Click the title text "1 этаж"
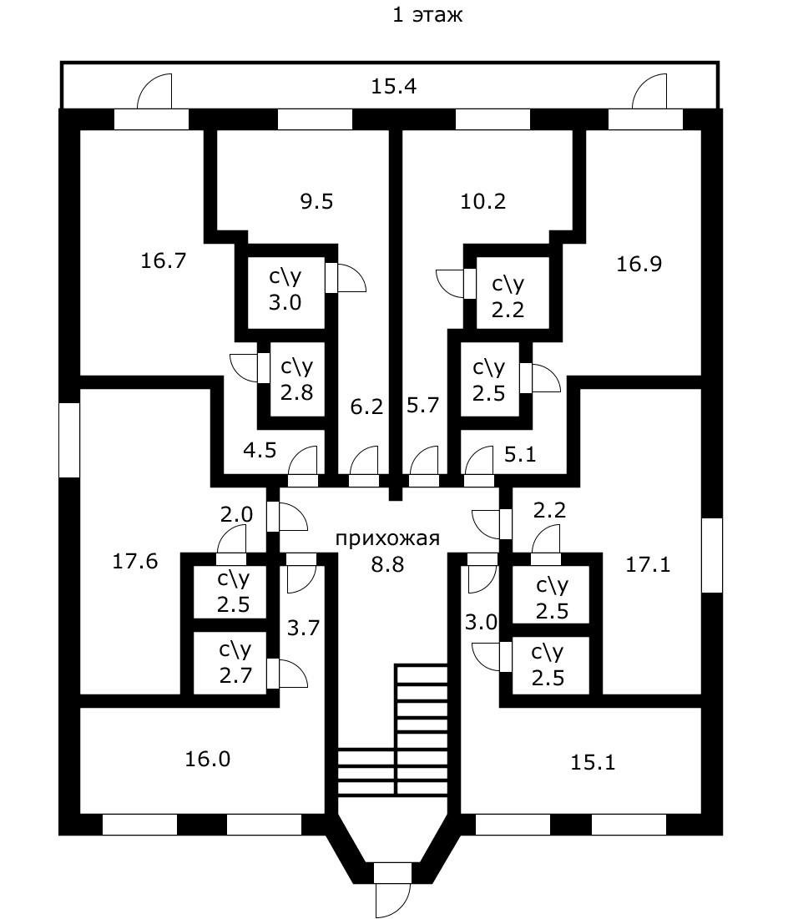tap(427, 15)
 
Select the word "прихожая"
tap(386, 538)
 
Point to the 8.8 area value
tap(387, 564)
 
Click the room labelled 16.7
tap(163, 260)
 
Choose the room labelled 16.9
tap(639, 265)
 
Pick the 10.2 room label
tap(483, 201)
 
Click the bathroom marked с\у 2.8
tap(296, 379)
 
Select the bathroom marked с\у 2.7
tap(235, 664)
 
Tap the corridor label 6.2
tap(367, 407)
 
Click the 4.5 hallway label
tap(260, 451)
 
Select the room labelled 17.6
tap(135, 561)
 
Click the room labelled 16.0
tap(206, 759)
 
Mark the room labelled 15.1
tap(593, 762)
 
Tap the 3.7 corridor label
tap(304, 629)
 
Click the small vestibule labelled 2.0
tap(236, 515)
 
